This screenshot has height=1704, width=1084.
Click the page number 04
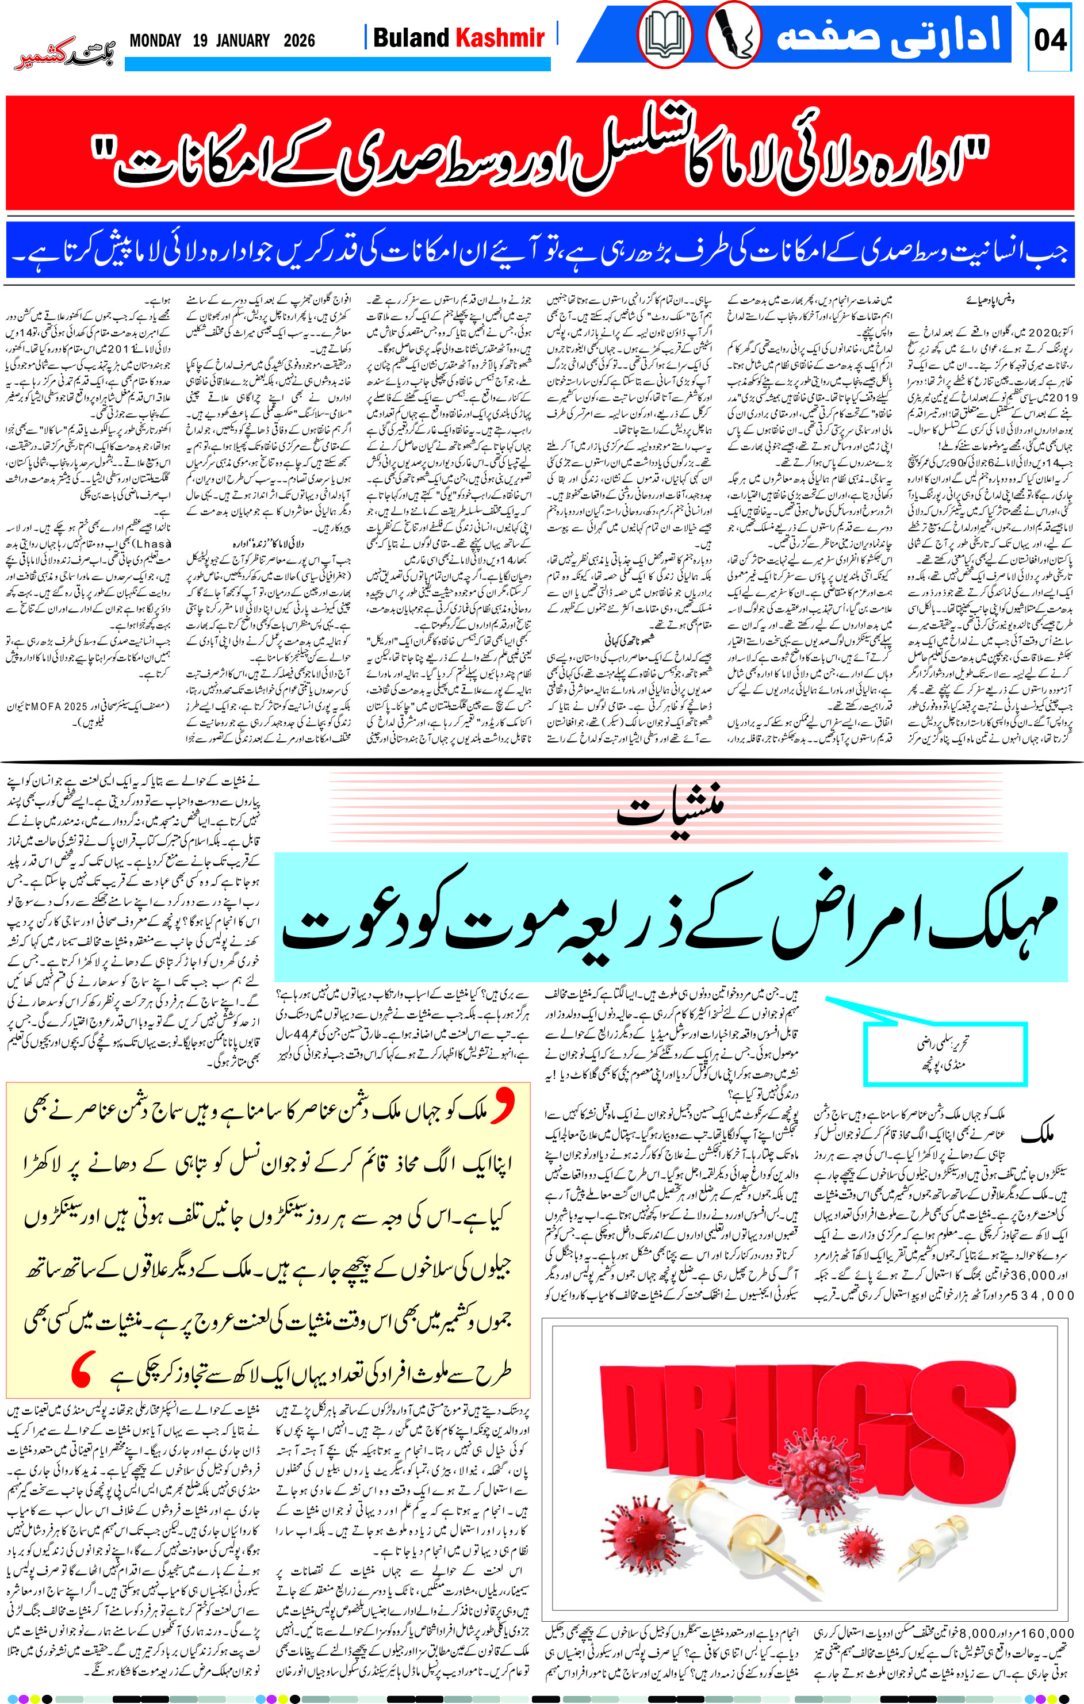tap(1050, 40)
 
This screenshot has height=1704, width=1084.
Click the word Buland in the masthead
tap(411, 37)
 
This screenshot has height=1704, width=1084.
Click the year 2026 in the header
tap(299, 40)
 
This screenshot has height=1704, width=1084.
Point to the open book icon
tap(664, 34)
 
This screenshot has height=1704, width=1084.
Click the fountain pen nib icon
tap(733, 34)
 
